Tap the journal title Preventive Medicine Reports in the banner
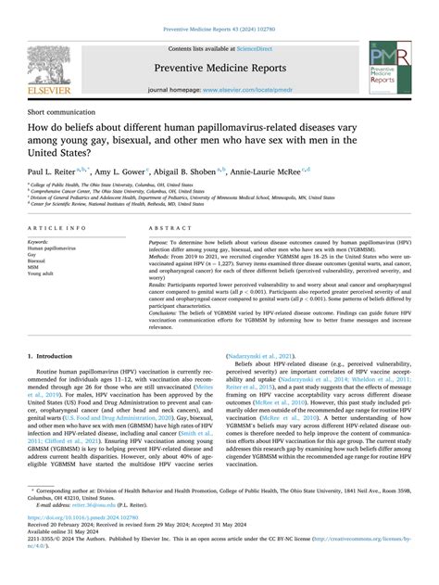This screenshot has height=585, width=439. [x=219, y=68]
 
